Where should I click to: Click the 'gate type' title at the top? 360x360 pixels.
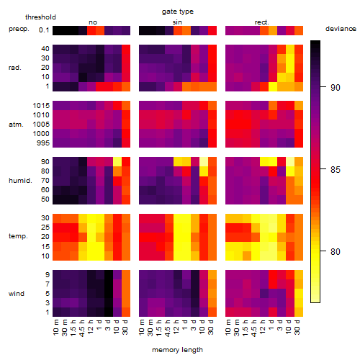[178, 12]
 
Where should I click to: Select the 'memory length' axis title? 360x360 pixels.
[177, 350]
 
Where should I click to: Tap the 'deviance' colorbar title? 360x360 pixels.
[341, 29]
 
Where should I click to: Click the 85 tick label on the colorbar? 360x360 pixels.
[336, 170]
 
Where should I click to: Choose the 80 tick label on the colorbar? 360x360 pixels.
[336, 252]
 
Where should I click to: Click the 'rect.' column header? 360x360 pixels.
[262, 22]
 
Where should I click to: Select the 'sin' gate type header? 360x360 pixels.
[177, 22]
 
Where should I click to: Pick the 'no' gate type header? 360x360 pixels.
[93, 22]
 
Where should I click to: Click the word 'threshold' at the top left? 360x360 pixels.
[40, 17]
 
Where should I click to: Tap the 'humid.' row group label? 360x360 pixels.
[20, 181]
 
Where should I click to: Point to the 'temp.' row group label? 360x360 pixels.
[18, 236]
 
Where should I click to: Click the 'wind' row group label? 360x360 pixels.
[17, 294]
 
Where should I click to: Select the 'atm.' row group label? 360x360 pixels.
[16, 125]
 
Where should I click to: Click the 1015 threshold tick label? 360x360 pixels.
[41, 106]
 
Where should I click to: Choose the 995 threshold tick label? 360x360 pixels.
[43, 143]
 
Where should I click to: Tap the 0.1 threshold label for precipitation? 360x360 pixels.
[44, 30]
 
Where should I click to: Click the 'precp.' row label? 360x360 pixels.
[19, 29]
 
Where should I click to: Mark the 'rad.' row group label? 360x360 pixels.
[15, 68]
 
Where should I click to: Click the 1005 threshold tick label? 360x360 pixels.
[41, 125]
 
